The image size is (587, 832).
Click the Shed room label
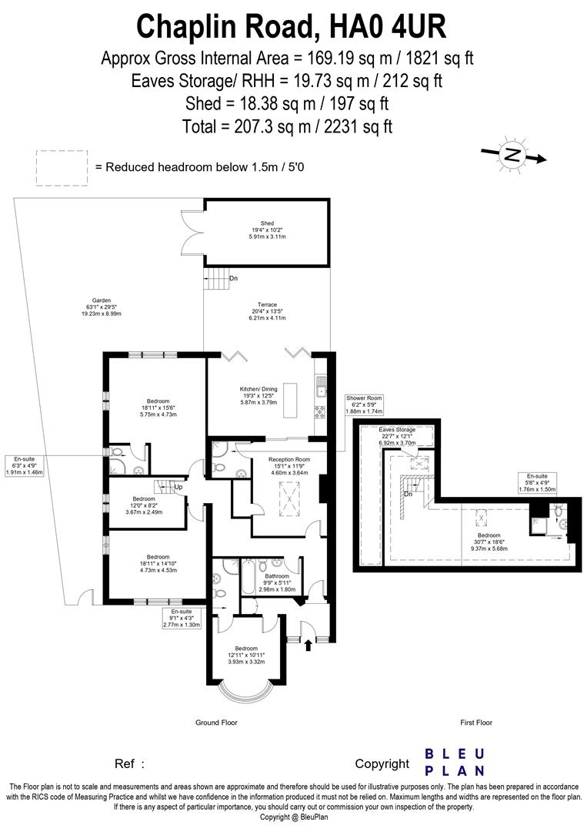pyautogui.click(x=267, y=230)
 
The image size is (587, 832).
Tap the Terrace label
pyautogui.click(x=267, y=311)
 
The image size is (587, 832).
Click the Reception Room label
pyautogui.click(x=288, y=466)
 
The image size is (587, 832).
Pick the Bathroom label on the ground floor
pyautogui.click(x=277, y=582)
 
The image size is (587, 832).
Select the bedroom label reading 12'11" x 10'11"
pyautogui.click(x=246, y=655)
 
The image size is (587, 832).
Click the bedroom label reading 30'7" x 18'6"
pyautogui.click(x=489, y=542)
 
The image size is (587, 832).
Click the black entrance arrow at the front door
pyautogui.click(x=309, y=644)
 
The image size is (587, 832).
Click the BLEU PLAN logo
pyautogui.click(x=455, y=761)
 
